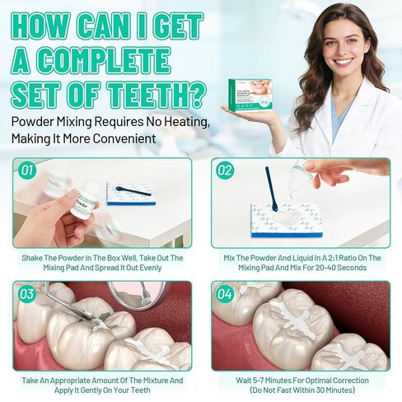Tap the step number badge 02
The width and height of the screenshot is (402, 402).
[x=225, y=171]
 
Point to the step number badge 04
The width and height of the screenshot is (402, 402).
[x=225, y=294]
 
